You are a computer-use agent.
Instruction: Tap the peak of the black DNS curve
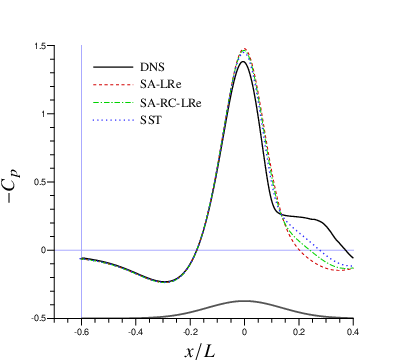pyautogui.click(x=244, y=62)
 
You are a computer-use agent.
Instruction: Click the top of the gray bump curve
pyautogui.click(x=244, y=300)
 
